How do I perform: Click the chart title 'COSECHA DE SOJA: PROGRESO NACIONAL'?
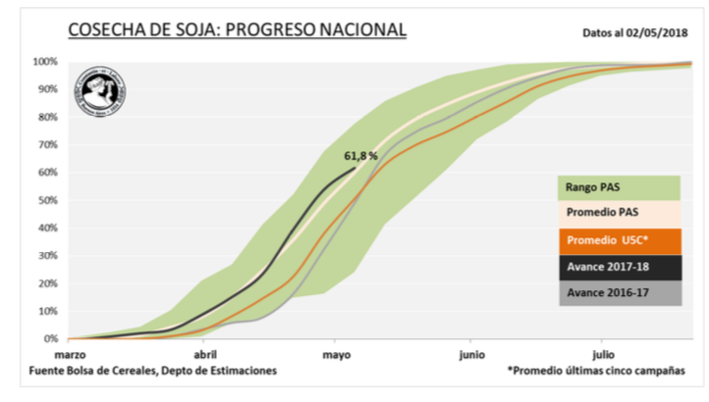237,29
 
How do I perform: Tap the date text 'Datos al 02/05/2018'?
633,31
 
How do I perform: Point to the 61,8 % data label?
361,155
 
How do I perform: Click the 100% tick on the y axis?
45,62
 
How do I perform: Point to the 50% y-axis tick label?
47,200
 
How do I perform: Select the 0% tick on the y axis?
50,339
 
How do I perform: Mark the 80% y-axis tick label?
47,117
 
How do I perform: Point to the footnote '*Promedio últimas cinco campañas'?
596,372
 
